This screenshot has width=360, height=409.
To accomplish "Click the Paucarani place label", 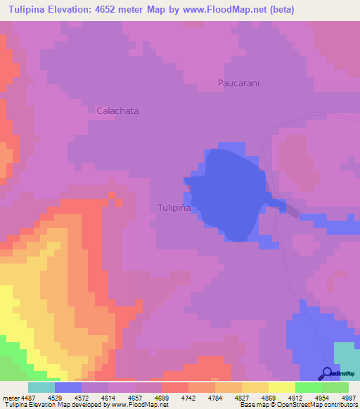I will point(238,83).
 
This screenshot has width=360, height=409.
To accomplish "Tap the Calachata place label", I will point(117,110).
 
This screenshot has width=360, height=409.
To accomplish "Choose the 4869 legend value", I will point(258,398).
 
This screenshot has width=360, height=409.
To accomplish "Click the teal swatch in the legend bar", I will point(41,387).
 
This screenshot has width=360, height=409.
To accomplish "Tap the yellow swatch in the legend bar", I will point(281,387).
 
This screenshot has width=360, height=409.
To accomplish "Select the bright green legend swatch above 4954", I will point(308,387).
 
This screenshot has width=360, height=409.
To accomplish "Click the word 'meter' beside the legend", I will point(9,398).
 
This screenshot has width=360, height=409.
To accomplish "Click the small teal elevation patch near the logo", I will point(345,354).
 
